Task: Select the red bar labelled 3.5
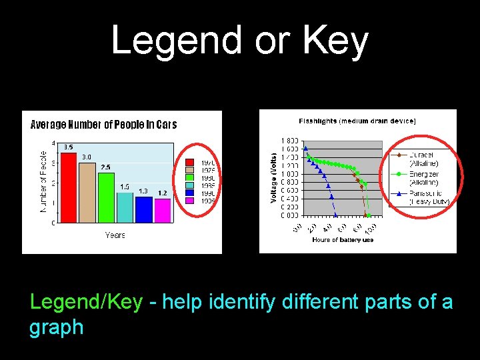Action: click(69, 187)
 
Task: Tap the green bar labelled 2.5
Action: click(106, 197)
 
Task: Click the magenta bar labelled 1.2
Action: click(162, 210)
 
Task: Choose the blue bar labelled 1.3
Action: click(143, 209)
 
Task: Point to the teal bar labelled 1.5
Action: click(125, 207)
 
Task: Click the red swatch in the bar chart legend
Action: click(189, 163)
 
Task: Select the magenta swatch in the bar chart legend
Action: click(189, 200)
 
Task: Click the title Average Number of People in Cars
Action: click(104, 125)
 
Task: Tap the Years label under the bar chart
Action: click(115, 235)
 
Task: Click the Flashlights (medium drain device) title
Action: click(357, 121)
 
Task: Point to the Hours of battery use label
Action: click(343, 240)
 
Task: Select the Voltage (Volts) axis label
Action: click(274, 176)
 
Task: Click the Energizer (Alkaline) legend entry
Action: click(424, 177)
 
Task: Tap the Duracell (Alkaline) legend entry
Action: click(424, 159)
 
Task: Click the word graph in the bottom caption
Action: click(57, 327)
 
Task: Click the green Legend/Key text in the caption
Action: click(86, 302)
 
